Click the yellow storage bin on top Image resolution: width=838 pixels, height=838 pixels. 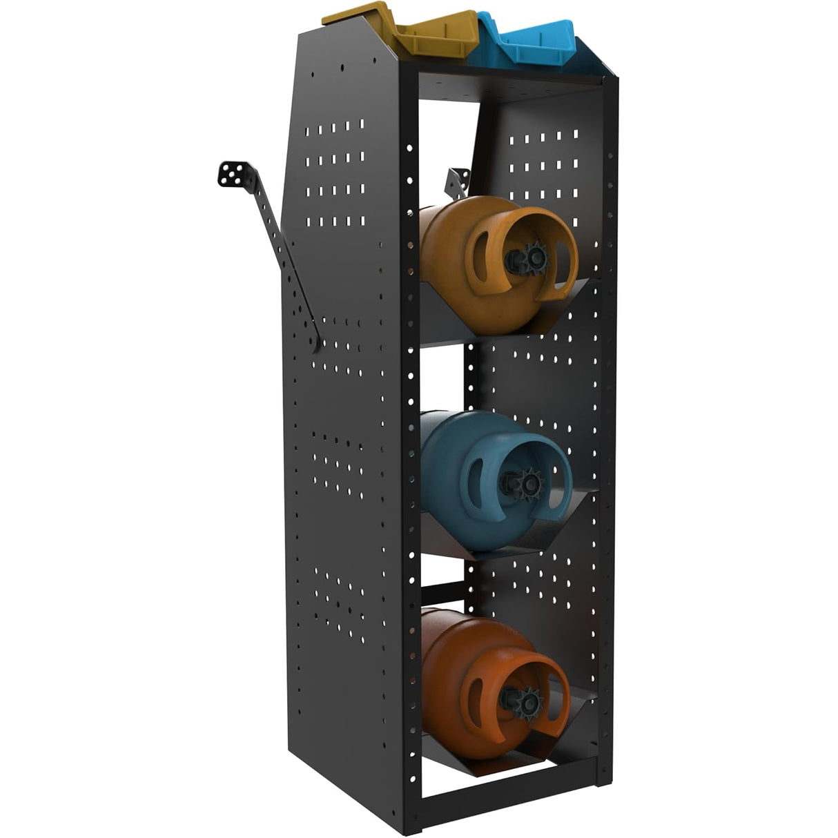click(x=400, y=31)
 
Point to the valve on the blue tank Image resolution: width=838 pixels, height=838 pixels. click(x=528, y=481)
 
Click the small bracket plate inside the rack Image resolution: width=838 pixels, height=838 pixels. click(x=458, y=181)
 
